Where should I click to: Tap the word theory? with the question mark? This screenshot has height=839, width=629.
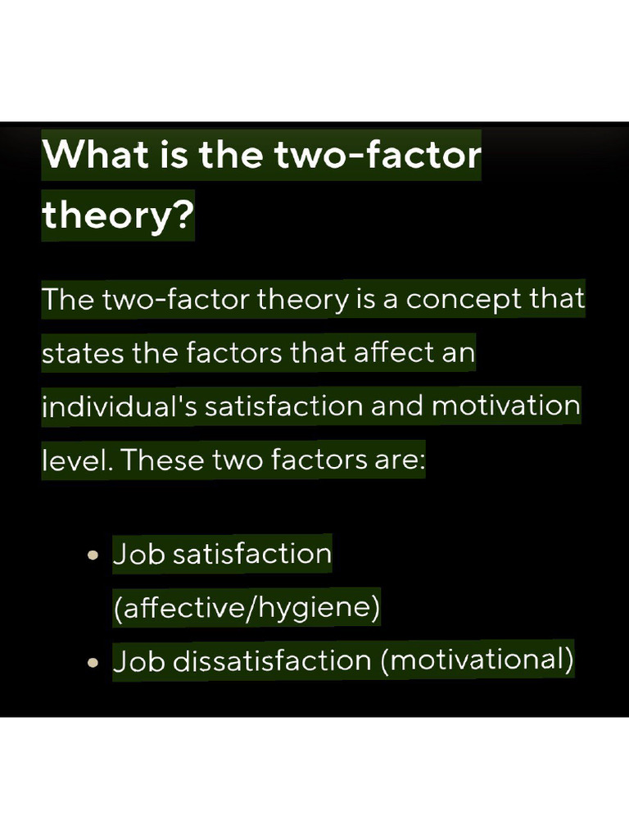(117, 215)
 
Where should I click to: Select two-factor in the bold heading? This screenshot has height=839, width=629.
(378, 155)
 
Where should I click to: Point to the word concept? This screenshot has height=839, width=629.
(464, 299)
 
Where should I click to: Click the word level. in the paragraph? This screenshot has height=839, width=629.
(78, 460)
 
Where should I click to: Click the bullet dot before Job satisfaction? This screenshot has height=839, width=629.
(93, 555)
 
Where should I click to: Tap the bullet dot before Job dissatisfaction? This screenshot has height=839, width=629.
(93, 662)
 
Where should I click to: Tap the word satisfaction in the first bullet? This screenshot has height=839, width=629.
(252, 555)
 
